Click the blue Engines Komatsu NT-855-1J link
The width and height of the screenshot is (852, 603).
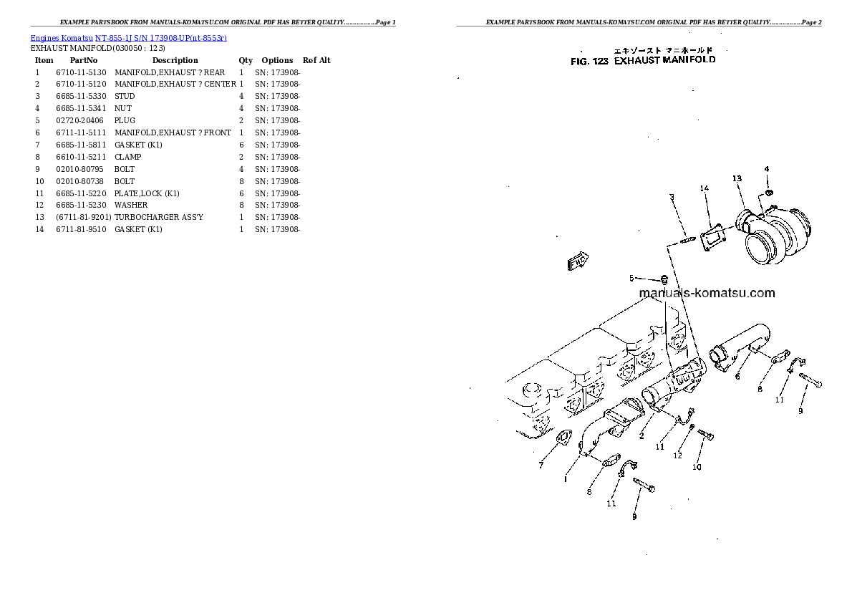129,38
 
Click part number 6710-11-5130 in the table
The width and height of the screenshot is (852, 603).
81,72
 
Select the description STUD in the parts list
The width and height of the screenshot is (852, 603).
125,97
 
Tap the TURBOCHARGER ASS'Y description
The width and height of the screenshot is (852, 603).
159,218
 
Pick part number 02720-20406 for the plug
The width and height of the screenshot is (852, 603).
79,121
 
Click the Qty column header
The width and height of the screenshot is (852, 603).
246,61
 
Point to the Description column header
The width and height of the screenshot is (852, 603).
175,61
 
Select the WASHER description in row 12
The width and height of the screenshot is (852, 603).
131,206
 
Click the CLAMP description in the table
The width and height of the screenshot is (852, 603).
127,157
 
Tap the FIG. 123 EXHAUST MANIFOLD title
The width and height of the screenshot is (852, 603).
643,61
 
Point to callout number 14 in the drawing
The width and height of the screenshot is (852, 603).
705,188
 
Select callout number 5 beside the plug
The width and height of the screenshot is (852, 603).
631,278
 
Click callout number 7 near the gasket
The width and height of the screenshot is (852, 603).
541,465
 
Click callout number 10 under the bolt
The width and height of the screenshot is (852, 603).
696,468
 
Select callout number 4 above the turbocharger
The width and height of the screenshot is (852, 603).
767,169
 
